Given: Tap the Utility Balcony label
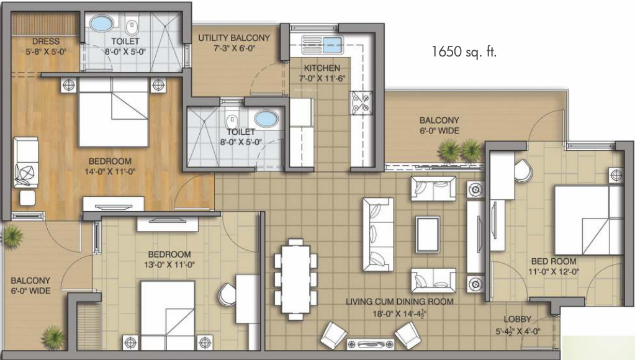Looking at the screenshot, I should click(x=234, y=38).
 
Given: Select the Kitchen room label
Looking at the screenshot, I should click(x=322, y=68).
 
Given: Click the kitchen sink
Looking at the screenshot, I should click(x=322, y=43).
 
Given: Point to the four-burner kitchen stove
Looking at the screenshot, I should click(x=362, y=102).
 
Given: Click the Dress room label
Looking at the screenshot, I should click(x=47, y=42).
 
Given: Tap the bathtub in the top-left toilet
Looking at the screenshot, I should click(x=100, y=25).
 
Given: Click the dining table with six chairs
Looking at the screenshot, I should click(x=295, y=277).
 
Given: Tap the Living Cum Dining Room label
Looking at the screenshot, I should click(x=399, y=302).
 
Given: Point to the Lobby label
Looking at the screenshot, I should click(x=517, y=319).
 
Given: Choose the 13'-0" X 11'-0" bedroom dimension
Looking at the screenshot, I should click(x=169, y=264).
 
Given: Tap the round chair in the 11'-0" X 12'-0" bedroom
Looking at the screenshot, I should click(x=523, y=168).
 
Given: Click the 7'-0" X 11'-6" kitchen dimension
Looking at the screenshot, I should click(x=322, y=78).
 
